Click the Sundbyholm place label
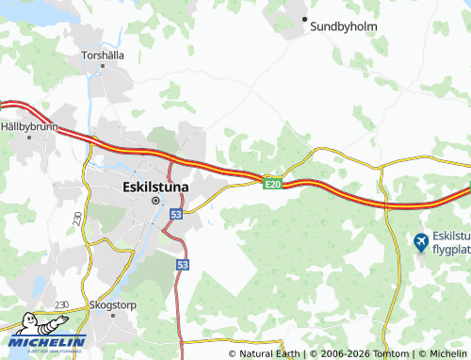tap(344, 27)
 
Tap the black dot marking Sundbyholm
tap(304, 18)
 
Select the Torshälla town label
tap(103, 55)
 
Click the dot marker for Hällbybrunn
tap(29, 137)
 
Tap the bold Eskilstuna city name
tap(155, 187)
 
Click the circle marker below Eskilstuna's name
tap(156, 200)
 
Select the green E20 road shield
tap(273, 183)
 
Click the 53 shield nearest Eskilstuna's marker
tap(176, 215)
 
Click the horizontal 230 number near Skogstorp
tap(62, 304)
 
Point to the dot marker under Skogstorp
tap(113, 317)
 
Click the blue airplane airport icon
tap(420, 243)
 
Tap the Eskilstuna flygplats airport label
tap(451, 243)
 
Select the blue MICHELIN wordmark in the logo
tap(48, 341)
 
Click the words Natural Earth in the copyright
tap(269, 353)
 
